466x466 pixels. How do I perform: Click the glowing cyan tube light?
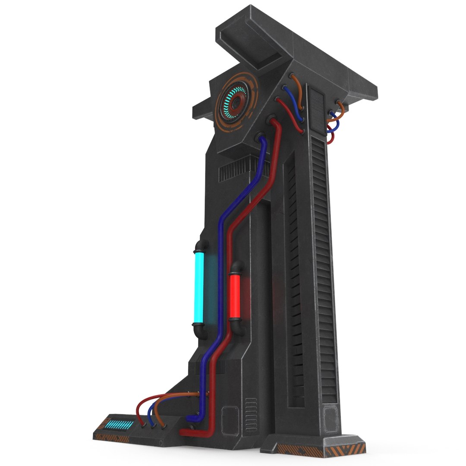200,287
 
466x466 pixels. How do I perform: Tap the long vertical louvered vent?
324,268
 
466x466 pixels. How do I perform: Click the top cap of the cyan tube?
200,246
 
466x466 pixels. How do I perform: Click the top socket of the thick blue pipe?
261,138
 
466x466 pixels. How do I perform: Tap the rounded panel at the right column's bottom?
331,419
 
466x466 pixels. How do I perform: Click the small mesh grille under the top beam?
317,106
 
